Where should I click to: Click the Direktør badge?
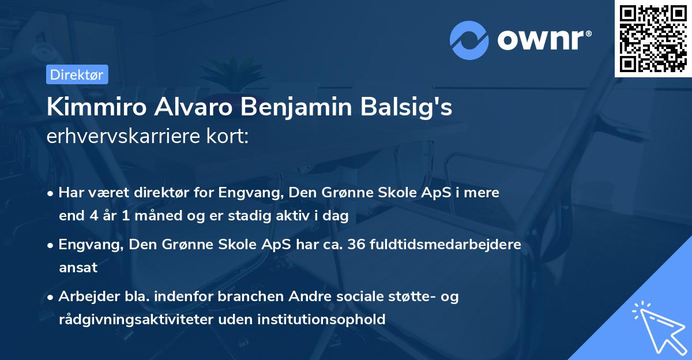point(77,74)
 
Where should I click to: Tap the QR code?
point(653,38)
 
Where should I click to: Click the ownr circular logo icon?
point(469,40)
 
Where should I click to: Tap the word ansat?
point(78,267)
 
